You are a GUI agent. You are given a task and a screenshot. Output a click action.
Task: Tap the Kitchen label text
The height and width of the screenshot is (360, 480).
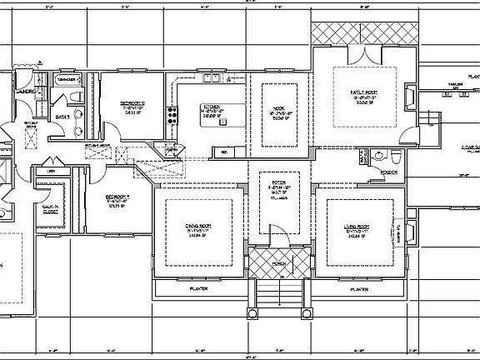212,107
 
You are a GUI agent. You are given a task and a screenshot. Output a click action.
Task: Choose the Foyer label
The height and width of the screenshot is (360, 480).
278,181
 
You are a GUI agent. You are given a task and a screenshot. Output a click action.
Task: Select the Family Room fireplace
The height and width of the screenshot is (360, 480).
407,98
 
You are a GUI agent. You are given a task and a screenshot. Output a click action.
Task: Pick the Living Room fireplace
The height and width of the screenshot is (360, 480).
409,232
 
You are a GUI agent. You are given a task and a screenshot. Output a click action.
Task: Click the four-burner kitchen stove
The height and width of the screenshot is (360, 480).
172,114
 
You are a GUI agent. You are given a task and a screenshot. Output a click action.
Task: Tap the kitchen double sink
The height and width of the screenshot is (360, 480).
213,81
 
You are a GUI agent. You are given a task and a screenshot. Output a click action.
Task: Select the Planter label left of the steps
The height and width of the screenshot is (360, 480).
198,289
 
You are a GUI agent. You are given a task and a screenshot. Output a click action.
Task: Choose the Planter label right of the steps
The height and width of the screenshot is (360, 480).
358,289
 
